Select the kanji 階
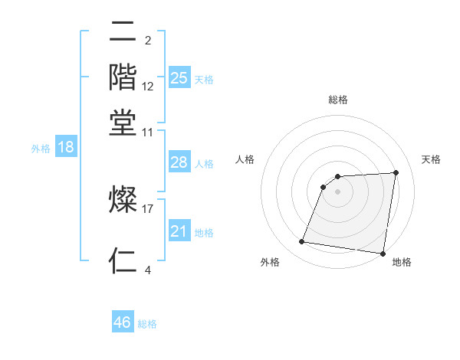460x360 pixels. pyautogui.click(x=123, y=77)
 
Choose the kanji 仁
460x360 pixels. pyautogui.click(x=123, y=260)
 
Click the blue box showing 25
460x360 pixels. pyautogui.click(x=179, y=78)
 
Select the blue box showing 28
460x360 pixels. pyautogui.click(x=179, y=162)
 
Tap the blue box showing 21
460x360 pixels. pyautogui.click(x=179, y=231)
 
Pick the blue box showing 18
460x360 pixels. pyautogui.click(x=66, y=147)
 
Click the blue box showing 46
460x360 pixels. pyautogui.click(x=123, y=322)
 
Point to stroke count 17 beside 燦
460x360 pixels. pyautogui.click(x=148, y=208)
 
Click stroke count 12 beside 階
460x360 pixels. pyautogui.click(x=148, y=86)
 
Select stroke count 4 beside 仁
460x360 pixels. pyautogui.click(x=147, y=269)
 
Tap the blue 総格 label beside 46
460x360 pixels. pyautogui.click(x=148, y=324)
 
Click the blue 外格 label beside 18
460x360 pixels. pyautogui.click(x=41, y=149)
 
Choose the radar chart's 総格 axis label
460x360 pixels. pyautogui.click(x=338, y=100)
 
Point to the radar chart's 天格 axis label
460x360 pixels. pyautogui.click(x=431, y=159)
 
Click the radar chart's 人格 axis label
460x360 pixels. pyautogui.click(x=245, y=159)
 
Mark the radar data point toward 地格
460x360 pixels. pyautogui.click(x=383, y=254)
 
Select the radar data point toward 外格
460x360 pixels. pyautogui.click(x=302, y=242)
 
